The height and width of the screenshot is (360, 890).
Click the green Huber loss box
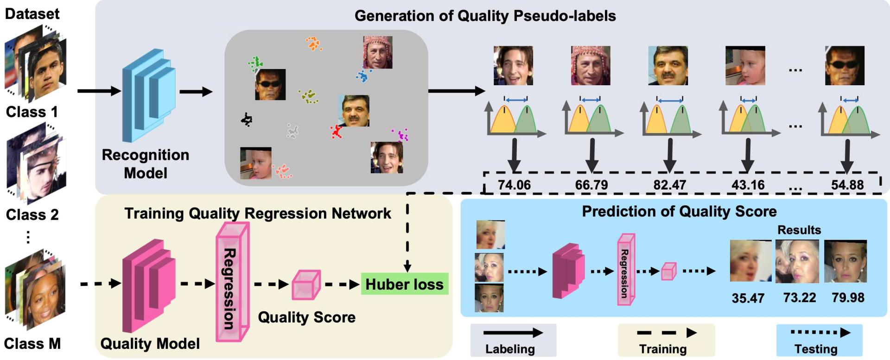coord(404,284)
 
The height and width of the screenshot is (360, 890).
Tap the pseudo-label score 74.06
coord(514,185)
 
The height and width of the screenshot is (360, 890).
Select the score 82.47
coord(669,185)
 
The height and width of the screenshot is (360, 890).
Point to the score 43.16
coord(748,185)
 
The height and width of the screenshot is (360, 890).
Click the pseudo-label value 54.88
coord(847,185)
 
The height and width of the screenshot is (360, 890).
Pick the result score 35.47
coord(748,298)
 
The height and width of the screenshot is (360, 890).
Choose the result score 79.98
coord(848,297)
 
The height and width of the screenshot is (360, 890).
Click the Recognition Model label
coord(146,164)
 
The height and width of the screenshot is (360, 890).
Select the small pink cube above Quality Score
coord(305,284)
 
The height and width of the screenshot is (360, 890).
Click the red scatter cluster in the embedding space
coord(336,132)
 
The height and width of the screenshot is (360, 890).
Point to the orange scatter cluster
coord(314,44)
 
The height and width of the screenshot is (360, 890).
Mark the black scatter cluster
coord(247,120)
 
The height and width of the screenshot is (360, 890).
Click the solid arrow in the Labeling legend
coord(513,333)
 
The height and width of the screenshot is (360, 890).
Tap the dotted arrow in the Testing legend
coord(820,332)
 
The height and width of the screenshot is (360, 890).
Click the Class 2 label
coord(32,215)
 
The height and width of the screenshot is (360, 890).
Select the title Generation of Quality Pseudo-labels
coord(485,16)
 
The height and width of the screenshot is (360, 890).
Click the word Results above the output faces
coord(799,230)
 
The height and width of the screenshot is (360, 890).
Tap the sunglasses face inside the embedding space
coord(270,84)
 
